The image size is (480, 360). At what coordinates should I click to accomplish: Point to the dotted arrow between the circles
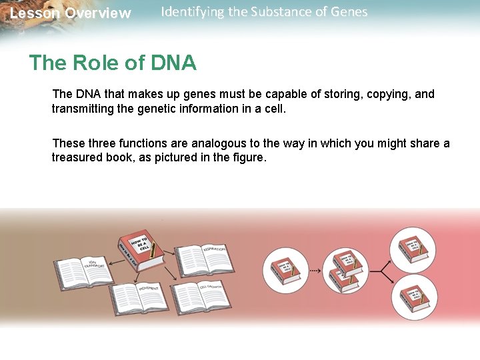(319, 271)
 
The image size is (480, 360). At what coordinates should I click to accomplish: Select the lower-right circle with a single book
(413, 297)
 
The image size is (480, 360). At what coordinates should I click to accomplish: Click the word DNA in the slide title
(173, 63)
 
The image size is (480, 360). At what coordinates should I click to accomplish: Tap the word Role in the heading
(95, 63)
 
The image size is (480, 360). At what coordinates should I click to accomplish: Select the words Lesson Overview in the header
(70, 13)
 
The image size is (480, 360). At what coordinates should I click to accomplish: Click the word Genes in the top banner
(348, 12)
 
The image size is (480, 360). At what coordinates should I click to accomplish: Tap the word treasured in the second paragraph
(79, 158)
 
